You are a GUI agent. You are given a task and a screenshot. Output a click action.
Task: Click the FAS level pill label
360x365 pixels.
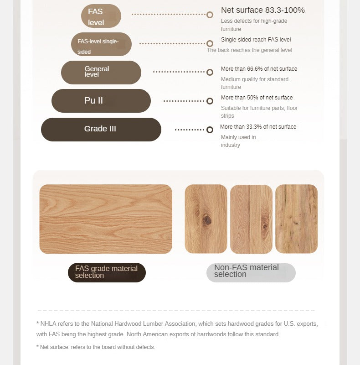pos(101,16)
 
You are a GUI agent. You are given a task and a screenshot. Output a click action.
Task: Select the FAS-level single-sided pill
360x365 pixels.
pos(101,45)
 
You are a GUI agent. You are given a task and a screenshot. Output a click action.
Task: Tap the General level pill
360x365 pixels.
pos(101,72)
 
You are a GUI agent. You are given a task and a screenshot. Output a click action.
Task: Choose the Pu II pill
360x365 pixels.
pos(101,101)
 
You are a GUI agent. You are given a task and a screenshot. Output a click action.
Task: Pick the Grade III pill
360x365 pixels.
pos(101,129)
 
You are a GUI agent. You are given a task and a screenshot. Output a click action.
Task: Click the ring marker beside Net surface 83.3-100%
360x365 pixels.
pos(210,15)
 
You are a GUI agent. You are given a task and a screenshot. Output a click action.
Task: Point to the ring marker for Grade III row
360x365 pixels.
pos(210,130)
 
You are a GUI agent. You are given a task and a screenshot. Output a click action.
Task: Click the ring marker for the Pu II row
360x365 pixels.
pos(210,101)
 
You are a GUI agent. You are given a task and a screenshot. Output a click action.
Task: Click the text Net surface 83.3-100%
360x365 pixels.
pos(262,10)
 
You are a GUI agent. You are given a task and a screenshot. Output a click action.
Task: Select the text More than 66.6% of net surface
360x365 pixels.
pos(259,69)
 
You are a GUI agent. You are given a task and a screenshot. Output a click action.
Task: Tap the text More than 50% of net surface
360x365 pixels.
pos(257,98)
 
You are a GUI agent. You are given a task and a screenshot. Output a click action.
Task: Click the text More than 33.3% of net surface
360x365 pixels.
pos(258,127)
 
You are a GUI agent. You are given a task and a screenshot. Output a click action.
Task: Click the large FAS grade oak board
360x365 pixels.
pos(106,219)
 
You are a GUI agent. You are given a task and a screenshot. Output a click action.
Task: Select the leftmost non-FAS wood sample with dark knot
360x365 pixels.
pos(206,219)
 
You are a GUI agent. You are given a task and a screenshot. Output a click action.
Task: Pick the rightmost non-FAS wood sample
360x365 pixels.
pos(296,219)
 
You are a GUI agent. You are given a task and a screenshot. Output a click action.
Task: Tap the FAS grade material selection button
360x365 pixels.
pos(107,272)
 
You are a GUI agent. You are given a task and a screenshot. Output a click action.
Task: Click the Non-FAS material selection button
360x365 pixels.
pos(251,272)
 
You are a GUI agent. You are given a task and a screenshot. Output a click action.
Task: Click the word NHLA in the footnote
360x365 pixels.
pos(47,323)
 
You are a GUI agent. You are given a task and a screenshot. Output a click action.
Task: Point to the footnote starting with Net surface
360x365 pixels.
pos(97,347)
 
